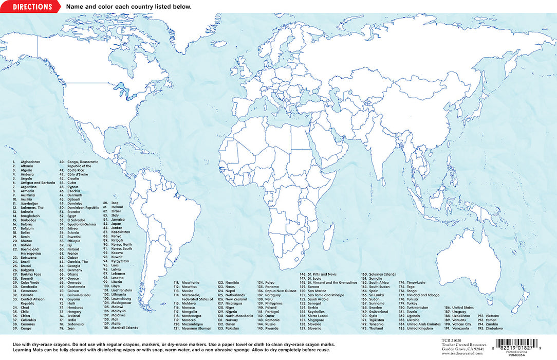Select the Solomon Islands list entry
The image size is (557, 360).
coord(383,274)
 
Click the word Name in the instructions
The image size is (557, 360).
coord(73,7)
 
